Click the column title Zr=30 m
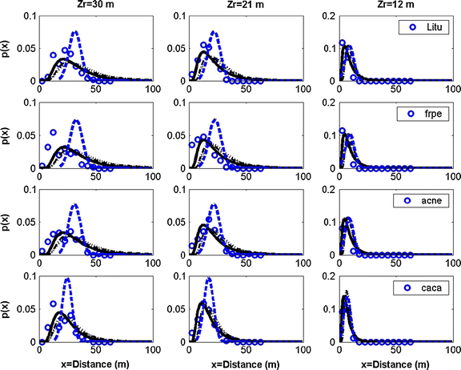(96, 6)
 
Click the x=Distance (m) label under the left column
(95, 364)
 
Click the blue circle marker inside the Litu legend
(413, 27)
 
